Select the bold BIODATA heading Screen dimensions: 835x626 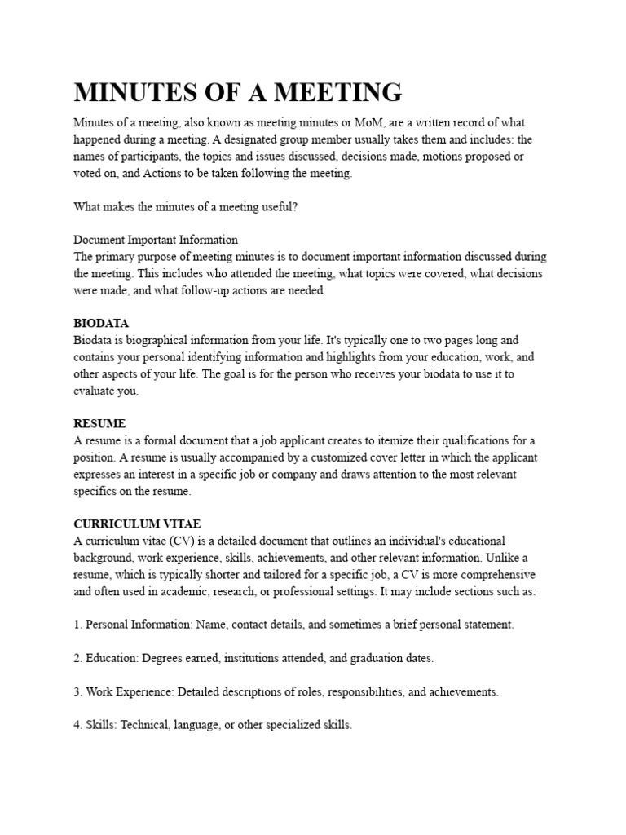(101, 324)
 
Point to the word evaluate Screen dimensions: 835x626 (95, 391)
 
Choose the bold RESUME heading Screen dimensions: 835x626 (99, 424)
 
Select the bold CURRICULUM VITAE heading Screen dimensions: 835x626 (137, 524)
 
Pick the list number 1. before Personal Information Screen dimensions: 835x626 (78, 625)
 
